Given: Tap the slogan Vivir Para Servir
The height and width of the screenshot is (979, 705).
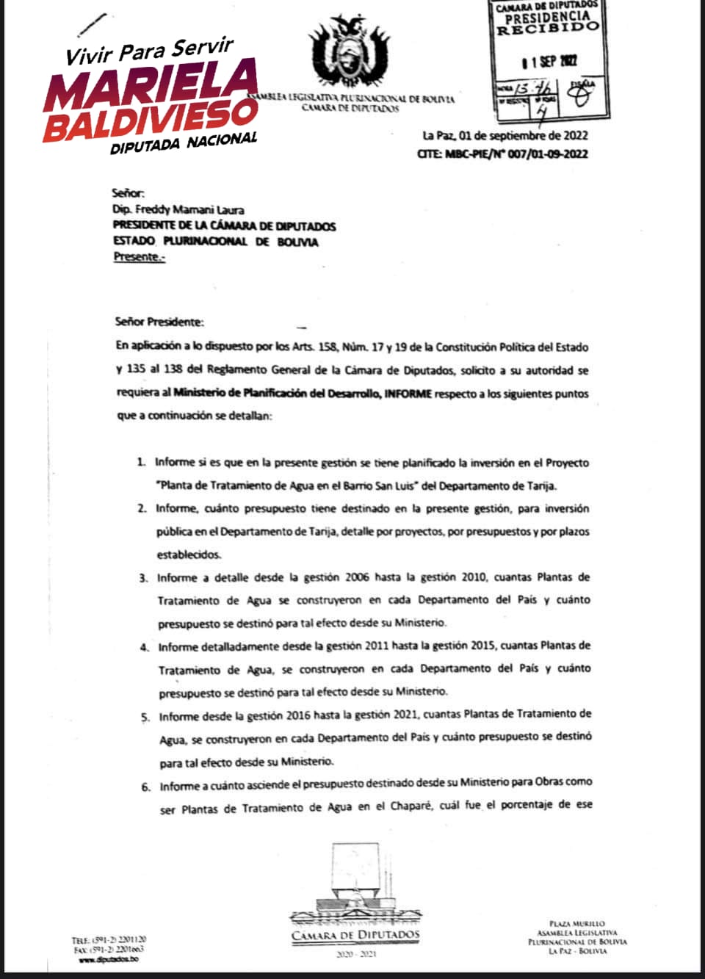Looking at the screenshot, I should click(149, 51).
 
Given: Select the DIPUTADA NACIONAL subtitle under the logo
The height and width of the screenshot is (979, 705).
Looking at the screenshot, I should click(184, 142).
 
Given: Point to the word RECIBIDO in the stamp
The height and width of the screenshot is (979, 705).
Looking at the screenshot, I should click(547, 28).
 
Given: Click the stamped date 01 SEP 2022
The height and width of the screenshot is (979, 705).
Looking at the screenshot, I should click(549, 62).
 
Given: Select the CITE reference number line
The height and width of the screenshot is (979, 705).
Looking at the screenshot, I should click(502, 153).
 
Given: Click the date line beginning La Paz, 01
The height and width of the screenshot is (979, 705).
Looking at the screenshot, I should click(505, 135).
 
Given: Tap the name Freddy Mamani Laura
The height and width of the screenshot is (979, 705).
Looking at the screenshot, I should click(189, 210).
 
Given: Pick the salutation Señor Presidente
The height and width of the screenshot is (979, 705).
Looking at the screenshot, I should click(159, 322).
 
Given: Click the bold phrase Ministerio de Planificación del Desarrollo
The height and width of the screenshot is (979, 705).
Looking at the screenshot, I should click(277, 394).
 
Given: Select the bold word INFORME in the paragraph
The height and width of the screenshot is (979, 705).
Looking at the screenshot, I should click(408, 394).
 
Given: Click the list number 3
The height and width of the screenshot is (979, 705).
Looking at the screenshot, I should click(143, 578).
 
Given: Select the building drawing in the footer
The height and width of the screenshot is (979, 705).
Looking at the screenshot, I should click(356, 881).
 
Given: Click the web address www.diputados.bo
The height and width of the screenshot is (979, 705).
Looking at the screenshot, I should click(109, 959).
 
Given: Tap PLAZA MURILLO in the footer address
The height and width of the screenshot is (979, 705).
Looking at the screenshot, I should click(577, 923).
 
